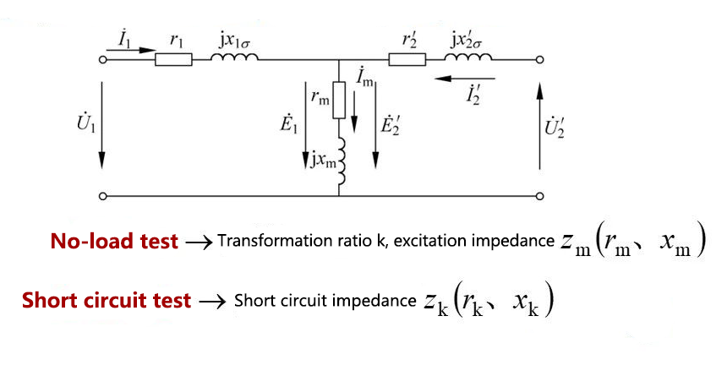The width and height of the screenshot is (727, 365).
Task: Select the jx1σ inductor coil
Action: click(x=233, y=58)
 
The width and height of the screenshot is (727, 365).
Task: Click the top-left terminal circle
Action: click(x=103, y=60)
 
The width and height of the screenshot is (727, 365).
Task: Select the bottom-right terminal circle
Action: click(x=539, y=196)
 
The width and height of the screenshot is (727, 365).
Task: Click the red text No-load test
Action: click(x=114, y=242)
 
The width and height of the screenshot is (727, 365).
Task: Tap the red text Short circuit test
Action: click(x=107, y=300)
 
